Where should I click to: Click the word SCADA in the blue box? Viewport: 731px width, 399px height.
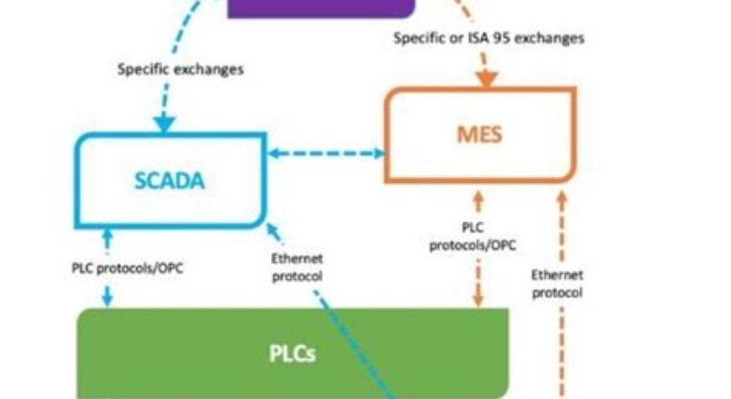tap(170, 180)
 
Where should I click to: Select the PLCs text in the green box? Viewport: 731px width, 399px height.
tap(291, 353)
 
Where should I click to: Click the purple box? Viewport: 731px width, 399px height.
tap(321, 8)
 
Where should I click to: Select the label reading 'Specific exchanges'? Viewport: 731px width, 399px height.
tap(180, 69)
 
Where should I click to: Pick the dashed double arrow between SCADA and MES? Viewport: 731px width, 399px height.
tap(326, 155)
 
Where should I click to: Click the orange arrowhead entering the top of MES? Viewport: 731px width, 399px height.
tap(486, 80)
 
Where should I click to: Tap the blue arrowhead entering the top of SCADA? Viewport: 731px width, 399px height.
tap(164, 123)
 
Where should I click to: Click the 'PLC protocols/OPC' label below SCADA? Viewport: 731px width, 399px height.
tap(127, 269)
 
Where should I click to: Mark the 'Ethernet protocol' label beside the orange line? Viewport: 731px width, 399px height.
tap(558, 283)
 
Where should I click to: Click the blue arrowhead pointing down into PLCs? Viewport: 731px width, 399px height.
tap(108, 298)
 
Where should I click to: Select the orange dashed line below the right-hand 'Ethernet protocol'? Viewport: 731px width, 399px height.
tap(560, 349)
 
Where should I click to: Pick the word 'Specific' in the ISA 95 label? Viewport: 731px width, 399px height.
tap(421, 38)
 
